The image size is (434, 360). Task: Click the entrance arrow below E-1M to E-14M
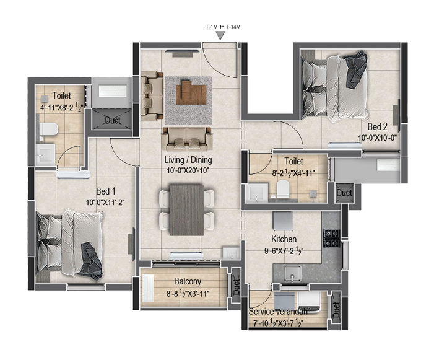(220, 35)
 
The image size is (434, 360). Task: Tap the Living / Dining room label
(188, 160)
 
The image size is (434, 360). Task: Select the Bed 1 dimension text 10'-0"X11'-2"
(105, 203)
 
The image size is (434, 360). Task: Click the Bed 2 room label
(377, 127)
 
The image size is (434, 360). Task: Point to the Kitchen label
(284, 239)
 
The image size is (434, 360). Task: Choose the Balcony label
(188, 282)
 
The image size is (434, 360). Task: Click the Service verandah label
(278, 312)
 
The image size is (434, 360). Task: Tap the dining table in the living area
(186, 211)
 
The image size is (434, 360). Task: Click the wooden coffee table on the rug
(191, 92)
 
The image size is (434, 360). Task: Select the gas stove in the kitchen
(331, 238)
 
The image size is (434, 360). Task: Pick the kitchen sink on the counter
(292, 273)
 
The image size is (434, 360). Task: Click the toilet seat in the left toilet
(49, 130)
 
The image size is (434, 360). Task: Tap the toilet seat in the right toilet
(283, 189)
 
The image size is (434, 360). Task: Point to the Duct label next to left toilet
(113, 120)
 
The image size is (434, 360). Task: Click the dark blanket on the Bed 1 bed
(92, 259)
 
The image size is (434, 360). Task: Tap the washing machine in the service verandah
(310, 302)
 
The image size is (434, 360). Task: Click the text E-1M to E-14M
(224, 27)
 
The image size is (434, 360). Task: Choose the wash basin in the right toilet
(256, 192)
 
